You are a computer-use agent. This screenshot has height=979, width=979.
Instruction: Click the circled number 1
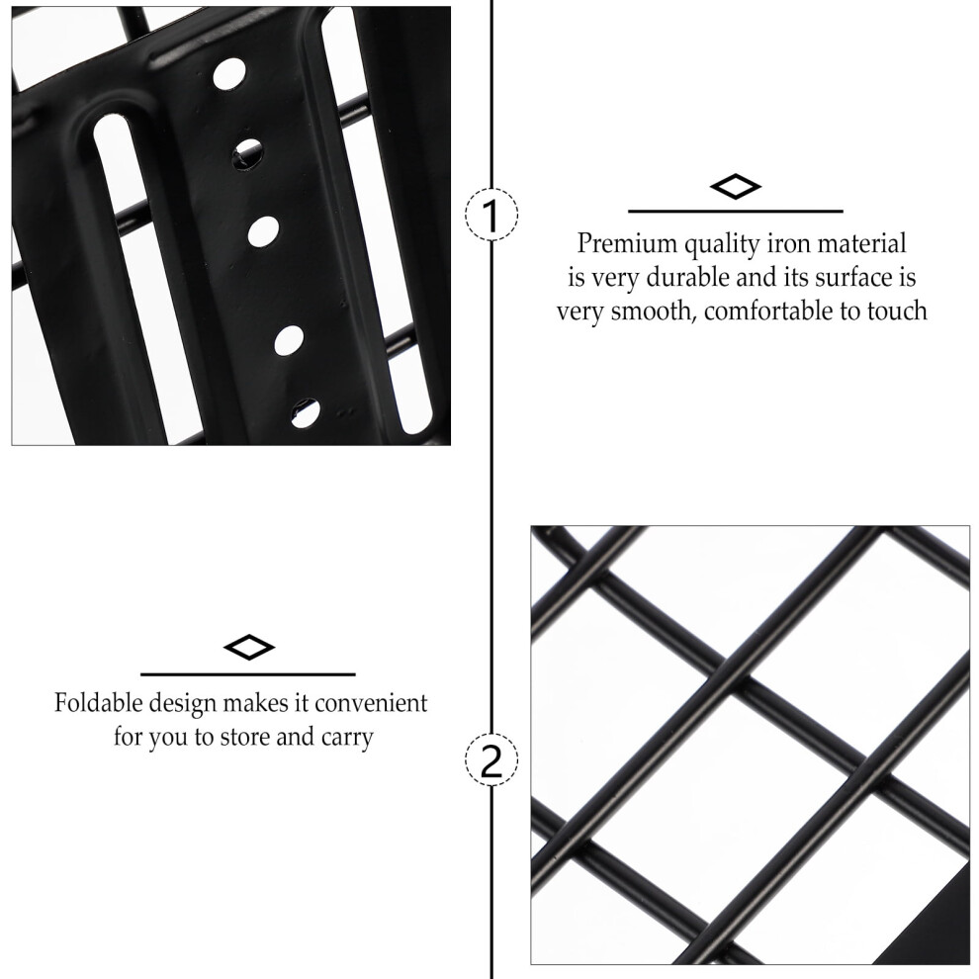pos(491,215)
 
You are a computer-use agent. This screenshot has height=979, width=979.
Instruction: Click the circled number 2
pos(491,759)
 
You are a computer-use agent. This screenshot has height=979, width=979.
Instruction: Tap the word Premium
pos(626,243)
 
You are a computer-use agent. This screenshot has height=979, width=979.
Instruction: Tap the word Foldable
pos(98,702)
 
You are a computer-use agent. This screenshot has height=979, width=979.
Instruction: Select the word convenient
pos(371,703)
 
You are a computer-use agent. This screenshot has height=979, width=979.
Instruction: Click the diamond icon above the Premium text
pos(736,186)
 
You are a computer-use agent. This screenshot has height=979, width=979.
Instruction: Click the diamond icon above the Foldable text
pos(248,647)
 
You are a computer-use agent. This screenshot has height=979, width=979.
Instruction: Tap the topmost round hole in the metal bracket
pos(229,74)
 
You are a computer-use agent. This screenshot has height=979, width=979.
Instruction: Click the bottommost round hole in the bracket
pos(306,412)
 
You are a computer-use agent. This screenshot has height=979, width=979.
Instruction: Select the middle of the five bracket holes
pos(263,231)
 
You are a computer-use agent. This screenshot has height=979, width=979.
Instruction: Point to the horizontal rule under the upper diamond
pos(736,212)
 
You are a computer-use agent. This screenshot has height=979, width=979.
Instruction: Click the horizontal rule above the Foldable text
pos(248,674)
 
